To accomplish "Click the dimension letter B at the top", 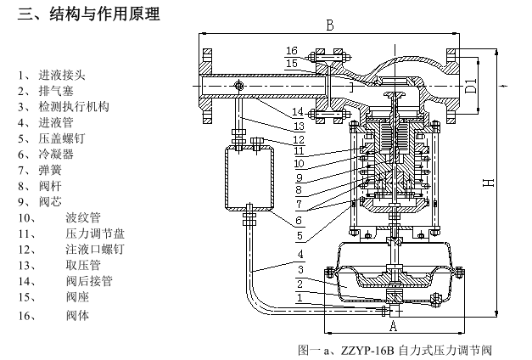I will click(x=330, y=25).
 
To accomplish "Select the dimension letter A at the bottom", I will click(x=392, y=325).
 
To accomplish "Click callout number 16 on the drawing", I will click(x=291, y=51).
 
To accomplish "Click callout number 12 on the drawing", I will click(x=299, y=138).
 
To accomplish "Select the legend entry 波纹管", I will click(x=83, y=217).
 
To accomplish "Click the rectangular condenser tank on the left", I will click(x=249, y=177).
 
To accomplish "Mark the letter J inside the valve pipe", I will click(x=350, y=87).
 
